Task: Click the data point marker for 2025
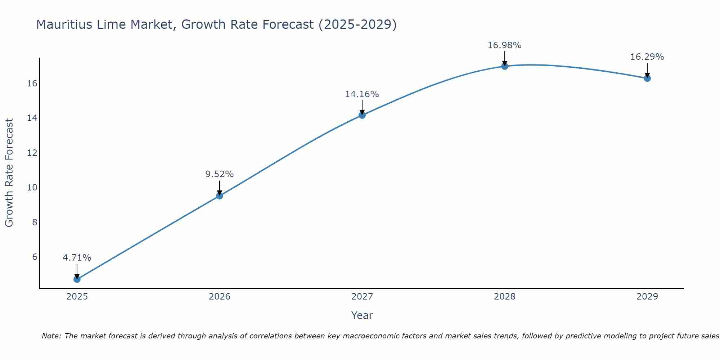click(77, 279)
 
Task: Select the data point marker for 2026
click(220, 196)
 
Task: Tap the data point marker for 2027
click(362, 115)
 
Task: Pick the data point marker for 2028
click(505, 66)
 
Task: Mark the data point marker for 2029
click(647, 78)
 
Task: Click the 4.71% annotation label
click(77, 258)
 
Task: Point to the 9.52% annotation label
click(220, 174)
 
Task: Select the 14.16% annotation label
click(362, 94)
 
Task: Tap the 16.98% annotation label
click(505, 45)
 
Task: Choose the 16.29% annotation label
click(647, 57)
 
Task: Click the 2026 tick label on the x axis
click(220, 297)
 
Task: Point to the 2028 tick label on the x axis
click(505, 297)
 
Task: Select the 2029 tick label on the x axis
click(647, 297)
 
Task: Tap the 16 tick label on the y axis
click(32, 84)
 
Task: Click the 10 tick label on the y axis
click(32, 188)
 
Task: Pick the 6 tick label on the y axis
click(35, 257)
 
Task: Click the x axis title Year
click(362, 315)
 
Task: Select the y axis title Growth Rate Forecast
click(9, 173)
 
